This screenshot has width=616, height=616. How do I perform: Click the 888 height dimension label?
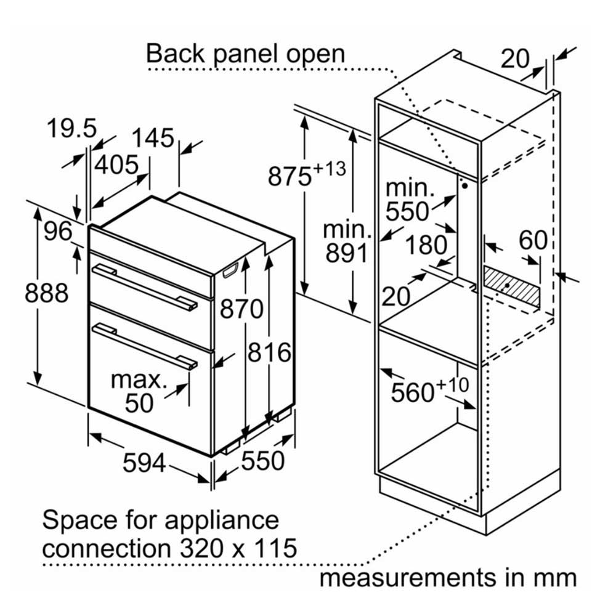tap(46, 293)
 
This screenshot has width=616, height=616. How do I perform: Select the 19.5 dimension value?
tap(71, 128)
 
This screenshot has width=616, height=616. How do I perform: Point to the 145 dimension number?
tap(152, 138)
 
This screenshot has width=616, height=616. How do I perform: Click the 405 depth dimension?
tap(116, 164)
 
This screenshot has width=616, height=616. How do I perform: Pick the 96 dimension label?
tap(58, 231)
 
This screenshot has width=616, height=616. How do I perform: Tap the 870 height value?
tap(241, 309)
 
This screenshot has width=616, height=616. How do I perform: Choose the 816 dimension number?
tap(270, 352)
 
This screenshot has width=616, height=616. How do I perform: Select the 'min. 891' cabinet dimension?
tap(346, 241)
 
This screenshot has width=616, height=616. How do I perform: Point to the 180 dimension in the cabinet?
tap(426, 245)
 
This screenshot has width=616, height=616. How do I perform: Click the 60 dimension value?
tap(533, 240)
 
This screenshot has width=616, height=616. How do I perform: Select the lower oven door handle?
tap(144, 346)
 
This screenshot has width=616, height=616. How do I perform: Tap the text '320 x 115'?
tap(238, 548)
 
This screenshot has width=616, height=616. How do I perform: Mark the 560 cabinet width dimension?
tap(430, 391)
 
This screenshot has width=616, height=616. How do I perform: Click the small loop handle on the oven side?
tap(230, 270)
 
